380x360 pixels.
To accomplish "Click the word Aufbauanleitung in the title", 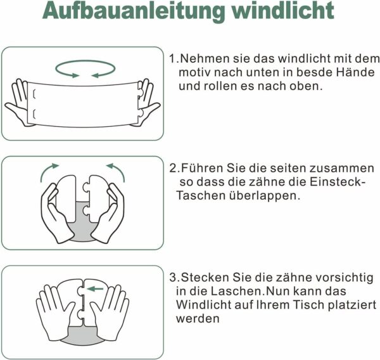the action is click(x=134, y=11).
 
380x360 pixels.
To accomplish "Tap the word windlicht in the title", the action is click(x=282, y=10).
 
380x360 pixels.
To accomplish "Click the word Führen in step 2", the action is click(x=203, y=168).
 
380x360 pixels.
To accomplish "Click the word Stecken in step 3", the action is click(x=205, y=278).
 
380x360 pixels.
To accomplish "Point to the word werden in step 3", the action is click(x=198, y=319).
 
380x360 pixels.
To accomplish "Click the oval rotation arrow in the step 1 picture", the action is click(x=85, y=61).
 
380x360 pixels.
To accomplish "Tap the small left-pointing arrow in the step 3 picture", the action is click(x=95, y=289).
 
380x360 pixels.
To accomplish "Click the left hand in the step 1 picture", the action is click(x=18, y=102).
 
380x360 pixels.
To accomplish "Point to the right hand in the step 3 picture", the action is click(x=111, y=312).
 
